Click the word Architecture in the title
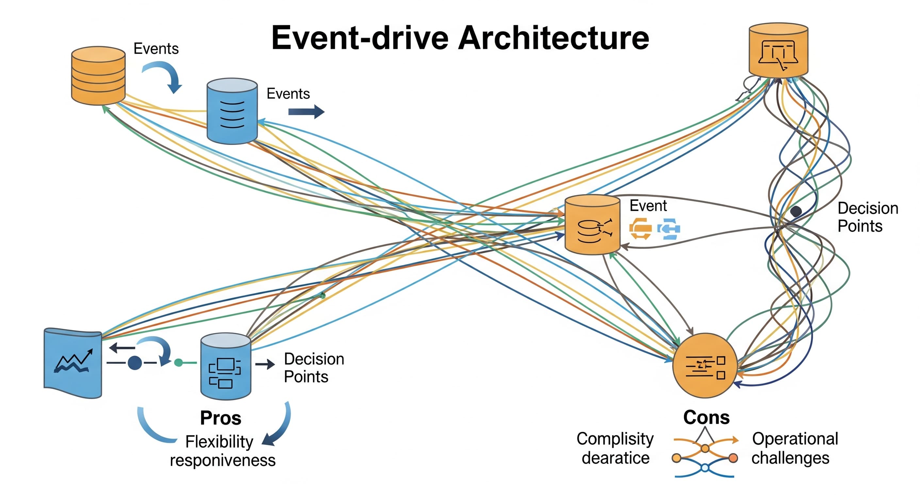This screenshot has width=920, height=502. click(x=553, y=38)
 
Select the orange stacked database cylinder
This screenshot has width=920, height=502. click(x=98, y=75)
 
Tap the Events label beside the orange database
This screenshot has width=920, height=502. click(x=156, y=49)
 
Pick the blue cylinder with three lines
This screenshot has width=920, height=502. click(x=232, y=111)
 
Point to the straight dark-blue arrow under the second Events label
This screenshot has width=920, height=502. click(x=306, y=112)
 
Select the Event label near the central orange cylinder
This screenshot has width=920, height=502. click(x=648, y=206)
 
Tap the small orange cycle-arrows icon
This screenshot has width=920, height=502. click(x=640, y=229)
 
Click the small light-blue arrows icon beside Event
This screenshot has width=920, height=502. click(x=669, y=229)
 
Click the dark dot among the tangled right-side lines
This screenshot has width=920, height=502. click(x=796, y=211)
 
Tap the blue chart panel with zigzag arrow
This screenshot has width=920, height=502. click(x=73, y=363)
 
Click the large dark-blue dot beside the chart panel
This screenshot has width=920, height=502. click(x=135, y=363)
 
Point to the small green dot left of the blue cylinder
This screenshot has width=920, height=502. click(x=178, y=363)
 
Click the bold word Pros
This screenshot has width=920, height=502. click(x=221, y=418)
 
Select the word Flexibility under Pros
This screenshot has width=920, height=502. click(x=219, y=442)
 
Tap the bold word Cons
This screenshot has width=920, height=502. click(x=706, y=417)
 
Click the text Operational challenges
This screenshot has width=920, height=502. click(x=794, y=448)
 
